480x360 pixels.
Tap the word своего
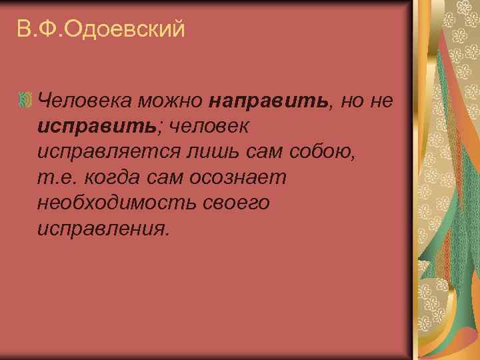tap(233, 202)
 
